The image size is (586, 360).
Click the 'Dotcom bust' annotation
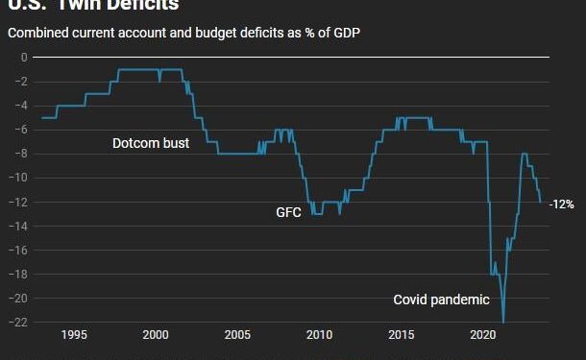pyautogui.click(x=150, y=143)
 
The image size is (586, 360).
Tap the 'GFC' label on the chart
pyautogui.click(x=289, y=212)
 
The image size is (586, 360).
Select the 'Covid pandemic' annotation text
pyautogui.click(x=441, y=300)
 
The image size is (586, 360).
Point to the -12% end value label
pyautogui.click(x=561, y=204)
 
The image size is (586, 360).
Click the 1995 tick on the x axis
pyautogui.click(x=74, y=335)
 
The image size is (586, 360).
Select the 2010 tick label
pyautogui.click(x=320, y=335)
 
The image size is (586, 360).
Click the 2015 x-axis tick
pyautogui.click(x=402, y=335)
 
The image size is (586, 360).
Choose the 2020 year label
pyautogui.click(x=483, y=335)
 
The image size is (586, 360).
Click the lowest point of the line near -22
pyautogui.click(x=503, y=322)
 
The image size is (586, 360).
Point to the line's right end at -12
pyautogui.click(x=541, y=203)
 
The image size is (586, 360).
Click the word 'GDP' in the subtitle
pyautogui.click(x=331, y=33)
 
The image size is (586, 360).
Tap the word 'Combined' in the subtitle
pyautogui.click(x=36, y=33)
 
